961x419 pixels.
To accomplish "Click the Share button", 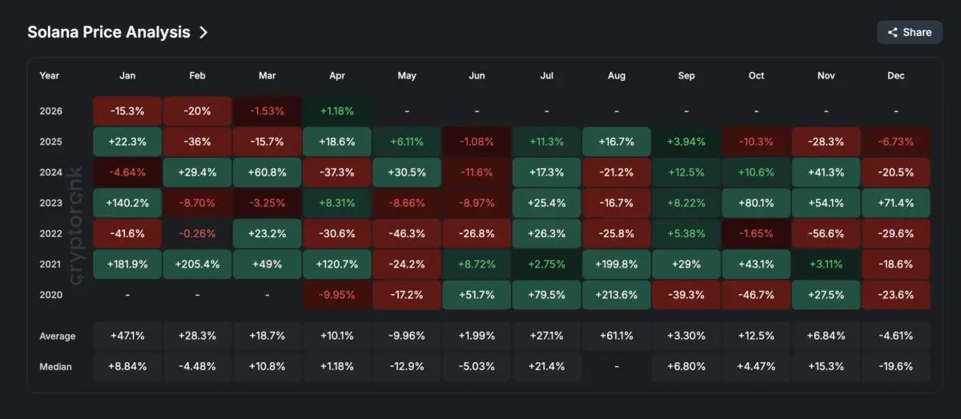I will pos(910,32).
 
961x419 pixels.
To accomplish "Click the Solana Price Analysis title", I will pos(109,32).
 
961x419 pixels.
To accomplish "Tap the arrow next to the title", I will pos(203,32).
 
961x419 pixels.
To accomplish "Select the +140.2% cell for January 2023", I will pos(127,203).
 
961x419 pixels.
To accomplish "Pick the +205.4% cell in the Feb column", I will pos(197,264).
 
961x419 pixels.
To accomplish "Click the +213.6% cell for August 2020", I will pos(617,294).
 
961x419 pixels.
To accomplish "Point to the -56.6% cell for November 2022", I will pos(826,233).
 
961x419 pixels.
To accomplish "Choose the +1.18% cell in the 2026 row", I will pos(337,111).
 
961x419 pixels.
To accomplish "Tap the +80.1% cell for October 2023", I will pos(757,203).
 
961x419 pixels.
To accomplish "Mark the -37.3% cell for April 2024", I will pos(337,172).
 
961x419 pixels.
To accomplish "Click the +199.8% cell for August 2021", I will pos(617,264).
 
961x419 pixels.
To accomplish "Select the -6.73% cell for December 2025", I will pos(896,142).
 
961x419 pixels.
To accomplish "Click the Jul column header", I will pos(547,75).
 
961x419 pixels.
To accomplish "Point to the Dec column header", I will pos(896,75).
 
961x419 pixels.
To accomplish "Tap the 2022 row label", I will pos(50,233).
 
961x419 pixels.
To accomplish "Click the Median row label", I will pos(55,366).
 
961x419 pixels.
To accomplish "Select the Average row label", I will pos(57,336).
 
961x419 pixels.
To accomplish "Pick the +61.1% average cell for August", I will pos(617,336).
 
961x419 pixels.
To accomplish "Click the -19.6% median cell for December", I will pos(896,366).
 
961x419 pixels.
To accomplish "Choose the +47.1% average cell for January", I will pos(127,336).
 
